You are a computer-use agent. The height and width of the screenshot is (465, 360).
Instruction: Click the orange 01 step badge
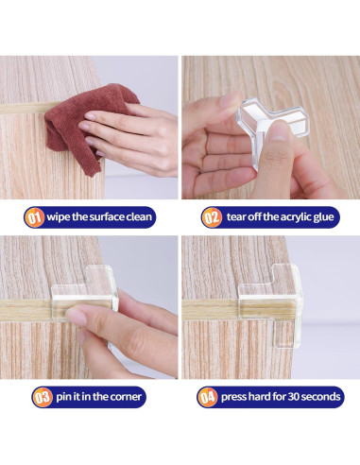(x=35, y=216)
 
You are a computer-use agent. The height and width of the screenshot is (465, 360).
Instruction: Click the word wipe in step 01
(x=63, y=216)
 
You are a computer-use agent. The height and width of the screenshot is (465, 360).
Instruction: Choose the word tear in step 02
(x=237, y=216)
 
